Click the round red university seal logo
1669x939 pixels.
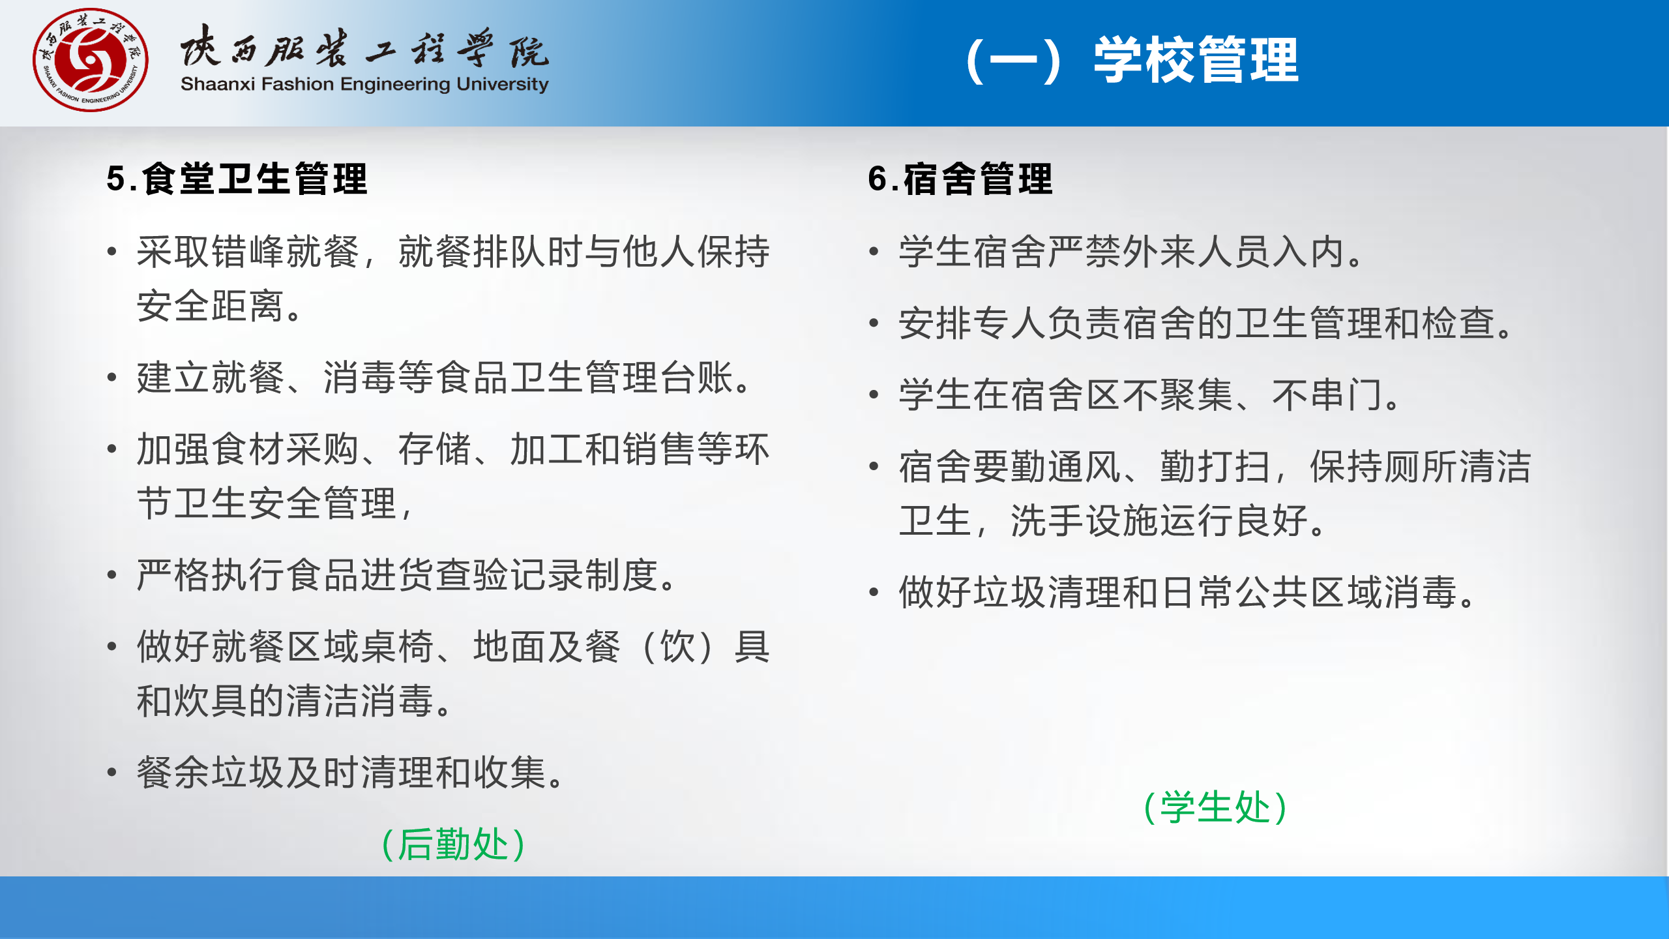point(91,60)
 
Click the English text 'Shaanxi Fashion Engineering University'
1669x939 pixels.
point(364,84)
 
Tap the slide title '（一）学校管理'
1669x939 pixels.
point(1132,60)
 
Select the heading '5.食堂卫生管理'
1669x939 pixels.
point(237,179)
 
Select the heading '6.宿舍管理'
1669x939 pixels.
point(960,179)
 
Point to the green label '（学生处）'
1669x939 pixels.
point(1216,807)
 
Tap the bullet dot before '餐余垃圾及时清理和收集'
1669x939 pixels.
point(112,772)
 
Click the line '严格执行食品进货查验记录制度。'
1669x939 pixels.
point(407,575)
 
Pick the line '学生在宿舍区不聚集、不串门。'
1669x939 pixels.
point(1150,395)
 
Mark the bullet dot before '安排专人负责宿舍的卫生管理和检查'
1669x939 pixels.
point(874,323)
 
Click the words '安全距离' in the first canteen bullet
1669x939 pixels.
point(211,306)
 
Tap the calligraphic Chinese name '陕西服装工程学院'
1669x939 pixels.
point(364,46)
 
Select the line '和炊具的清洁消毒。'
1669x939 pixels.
point(295,701)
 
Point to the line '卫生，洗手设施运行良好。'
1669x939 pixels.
point(1113,520)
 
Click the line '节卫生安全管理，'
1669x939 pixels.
point(276,503)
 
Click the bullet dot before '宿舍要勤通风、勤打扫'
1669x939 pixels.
point(874,466)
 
